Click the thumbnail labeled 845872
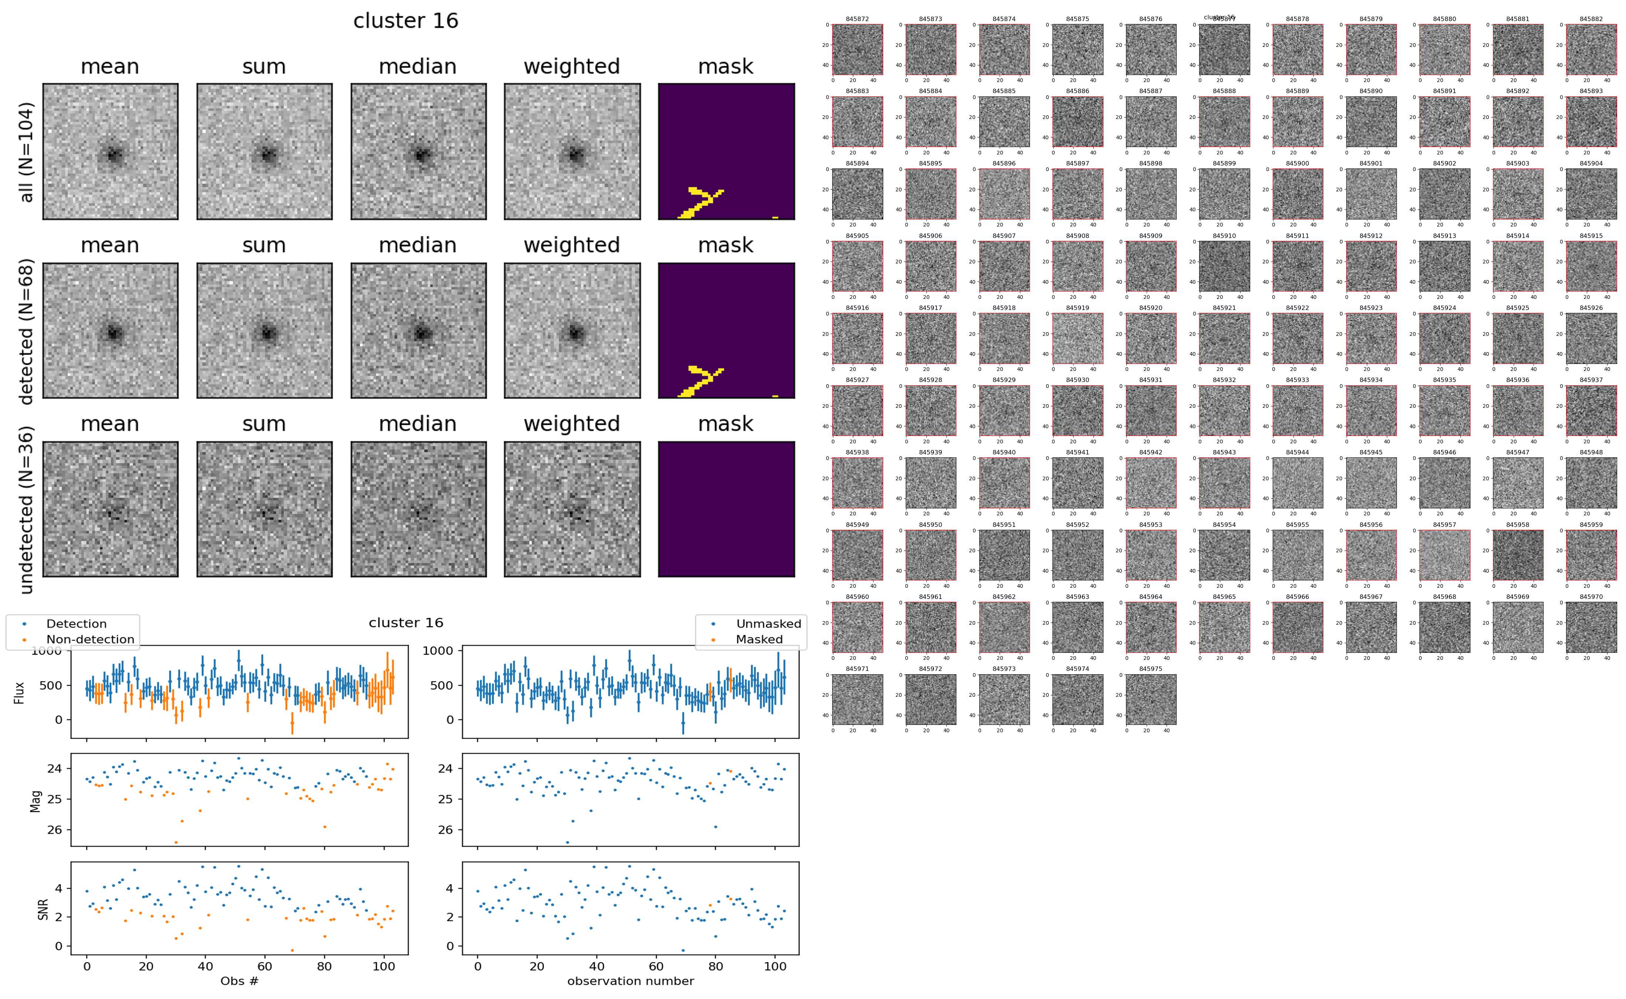tap(857, 50)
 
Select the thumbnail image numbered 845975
tap(1150, 699)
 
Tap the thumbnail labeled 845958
tap(1518, 555)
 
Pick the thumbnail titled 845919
tap(1077, 338)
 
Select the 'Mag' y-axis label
tap(36, 801)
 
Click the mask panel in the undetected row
tap(726, 509)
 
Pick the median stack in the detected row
tap(418, 330)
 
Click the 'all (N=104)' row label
tap(27, 152)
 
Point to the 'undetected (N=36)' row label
tap(27, 509)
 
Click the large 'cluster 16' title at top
tap(406, 21)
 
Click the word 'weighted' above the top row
tap(572, 67)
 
